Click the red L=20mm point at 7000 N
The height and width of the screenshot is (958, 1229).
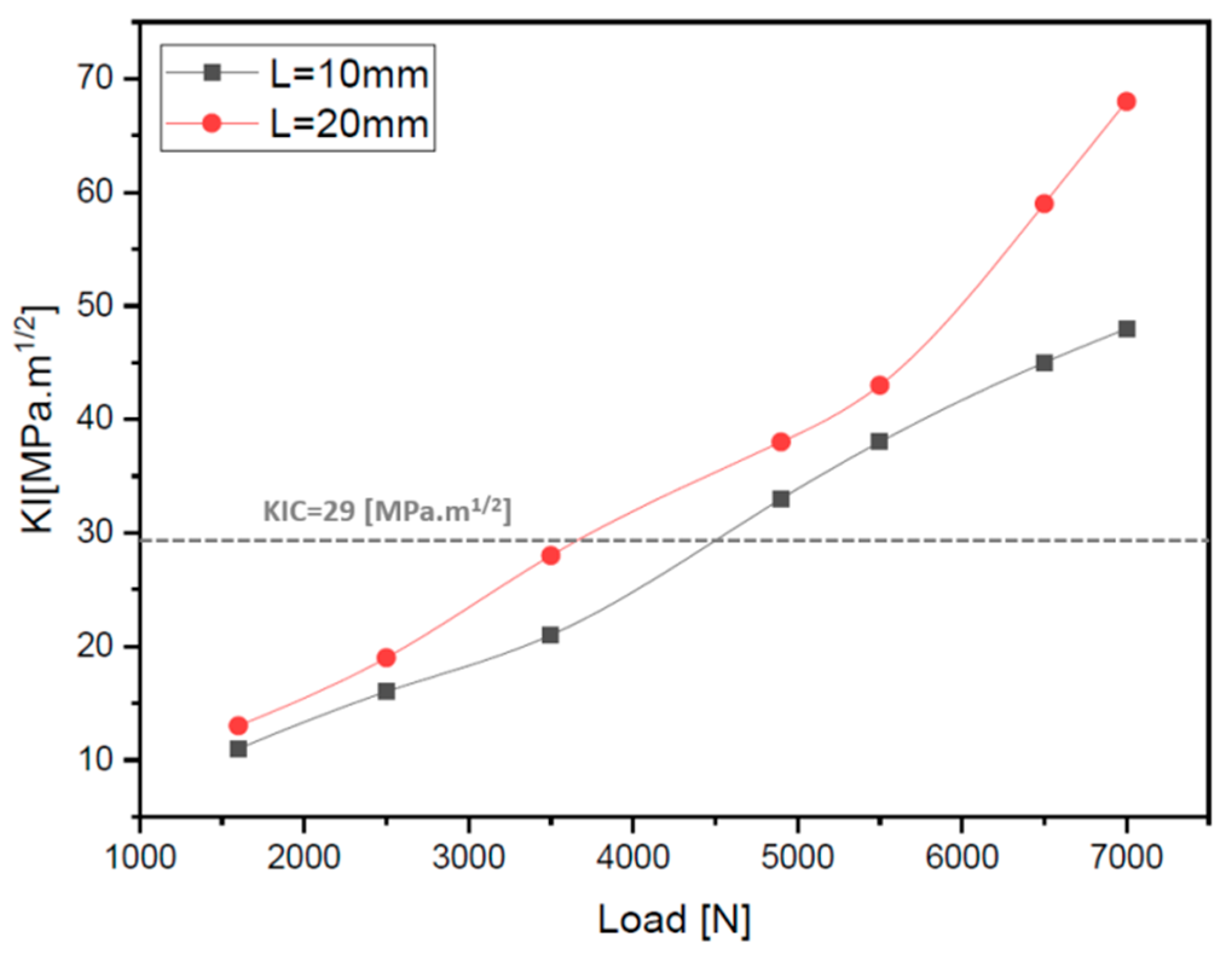pos(1126,101)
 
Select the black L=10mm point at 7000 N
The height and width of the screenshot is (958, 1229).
pos(1126,329)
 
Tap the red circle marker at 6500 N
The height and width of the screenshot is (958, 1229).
pos(1044,204)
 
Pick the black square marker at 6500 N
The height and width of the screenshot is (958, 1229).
pos(1044,363)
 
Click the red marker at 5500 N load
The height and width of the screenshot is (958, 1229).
pos(880,385)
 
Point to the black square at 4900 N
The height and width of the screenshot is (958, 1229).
pos(781,499)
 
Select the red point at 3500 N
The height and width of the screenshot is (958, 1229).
pos(551,556)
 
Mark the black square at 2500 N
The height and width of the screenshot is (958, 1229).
pos(386,692)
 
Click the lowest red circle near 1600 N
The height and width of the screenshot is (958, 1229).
pos(238,725)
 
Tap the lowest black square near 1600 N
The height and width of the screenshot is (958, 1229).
pos(238,749)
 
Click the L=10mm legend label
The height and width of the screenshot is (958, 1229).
pos(349,75)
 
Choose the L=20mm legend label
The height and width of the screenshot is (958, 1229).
pos(349,124)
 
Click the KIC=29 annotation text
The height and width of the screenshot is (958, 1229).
pos(387,512)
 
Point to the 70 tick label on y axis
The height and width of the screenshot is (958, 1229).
pos(96,79)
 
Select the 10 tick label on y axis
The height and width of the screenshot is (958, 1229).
pos(96,760)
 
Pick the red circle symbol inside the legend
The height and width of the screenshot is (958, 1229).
pos(212,124)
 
